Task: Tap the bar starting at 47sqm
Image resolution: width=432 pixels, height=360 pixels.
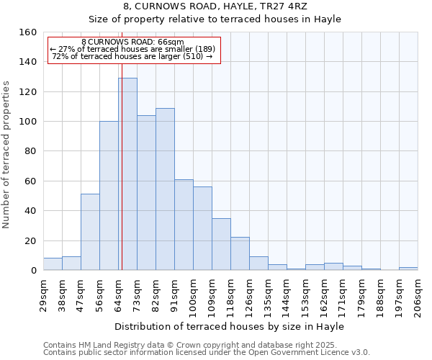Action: (90, 232)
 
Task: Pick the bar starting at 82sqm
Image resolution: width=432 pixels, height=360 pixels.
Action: (165, 189)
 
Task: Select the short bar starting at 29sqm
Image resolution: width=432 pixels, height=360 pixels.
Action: (53, 264)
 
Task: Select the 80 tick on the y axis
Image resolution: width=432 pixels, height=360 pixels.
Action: (30, 151)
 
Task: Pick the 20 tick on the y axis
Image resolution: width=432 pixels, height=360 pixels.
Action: (30, 240)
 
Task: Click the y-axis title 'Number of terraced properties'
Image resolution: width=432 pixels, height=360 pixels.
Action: (7, 154)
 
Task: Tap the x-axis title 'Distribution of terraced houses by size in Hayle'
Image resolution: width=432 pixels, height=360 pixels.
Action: (230, 326)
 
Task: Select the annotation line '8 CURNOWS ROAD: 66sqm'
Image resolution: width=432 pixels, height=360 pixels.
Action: (132, 42)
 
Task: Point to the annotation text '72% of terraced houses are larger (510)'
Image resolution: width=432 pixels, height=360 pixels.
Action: (132, 56)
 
